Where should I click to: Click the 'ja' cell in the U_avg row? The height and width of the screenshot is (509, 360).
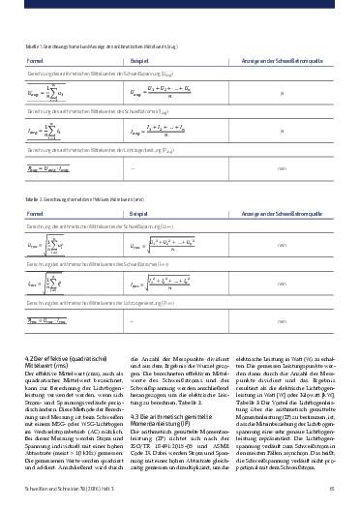[x=281, y=94]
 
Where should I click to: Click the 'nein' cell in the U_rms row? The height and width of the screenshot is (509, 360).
[x=281, y=247]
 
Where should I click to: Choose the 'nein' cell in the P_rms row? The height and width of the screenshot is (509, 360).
[x=281, y=320]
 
